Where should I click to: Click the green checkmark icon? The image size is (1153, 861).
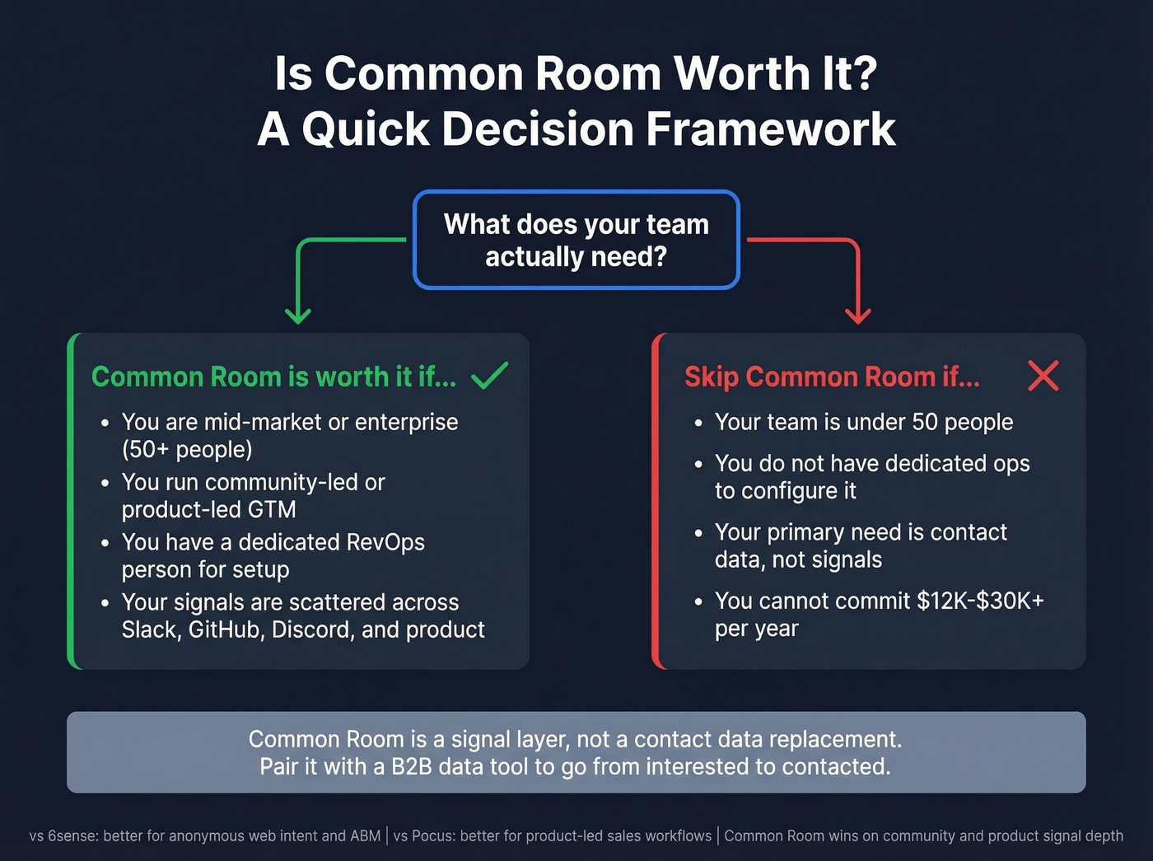pyautogui.click(x=489, y=376)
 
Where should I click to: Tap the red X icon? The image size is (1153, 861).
pyautogui.click(x=1043, y=376)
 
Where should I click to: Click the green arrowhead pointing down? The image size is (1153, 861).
pyautogui.click(x=297, y=316)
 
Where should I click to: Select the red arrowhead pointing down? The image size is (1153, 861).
pyautogui.click(x=858, y=316)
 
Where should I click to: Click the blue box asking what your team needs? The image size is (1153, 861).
pyautogui.click(x=576, y=240)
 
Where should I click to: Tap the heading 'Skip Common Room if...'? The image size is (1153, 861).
pyautogui.click(x=832, y=377)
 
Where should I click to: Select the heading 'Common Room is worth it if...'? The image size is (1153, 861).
pyautogui.click(x=273, y=377)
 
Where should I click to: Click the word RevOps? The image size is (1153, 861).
pyautogui.click(x=385, y=542)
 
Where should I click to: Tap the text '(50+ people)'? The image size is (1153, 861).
pyautogui.click(x=187, y=450)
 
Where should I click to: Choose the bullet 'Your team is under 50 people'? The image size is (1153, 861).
pyautogui.click(x=863, y=422)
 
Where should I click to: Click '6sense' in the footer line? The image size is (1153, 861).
pyautogui.click(x=72, y=835)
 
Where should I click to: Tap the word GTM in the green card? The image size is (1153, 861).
pyautogui.click(x=272, y=510)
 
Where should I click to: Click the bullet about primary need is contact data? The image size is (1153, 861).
pyautogui.click(x=861, y=545)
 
